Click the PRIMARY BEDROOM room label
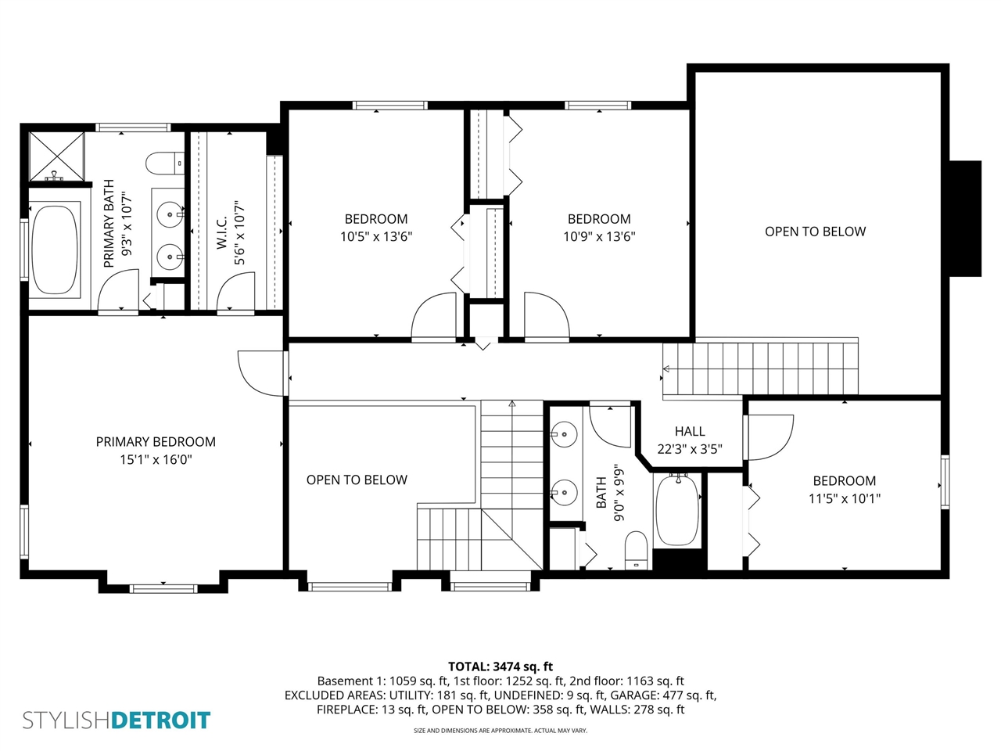[156, 442]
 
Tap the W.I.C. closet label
[221, 232]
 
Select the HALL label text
[690, 431]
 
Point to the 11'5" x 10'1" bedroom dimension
[845, 498]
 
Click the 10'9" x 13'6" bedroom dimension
[599, 236]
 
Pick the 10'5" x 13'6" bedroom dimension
[376, 236]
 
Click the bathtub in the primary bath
[55, 250]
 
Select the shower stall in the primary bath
[56, 156]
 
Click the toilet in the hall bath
[637, 551]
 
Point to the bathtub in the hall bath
[676, 510]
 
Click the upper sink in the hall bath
[564, 433]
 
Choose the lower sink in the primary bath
[169, 256]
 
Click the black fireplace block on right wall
[965, 218]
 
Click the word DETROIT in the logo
[161, 720]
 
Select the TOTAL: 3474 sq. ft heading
[500, 667]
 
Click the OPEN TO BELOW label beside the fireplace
[815, 232]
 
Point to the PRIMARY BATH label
[109, 224]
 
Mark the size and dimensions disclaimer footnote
[500, 731]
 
